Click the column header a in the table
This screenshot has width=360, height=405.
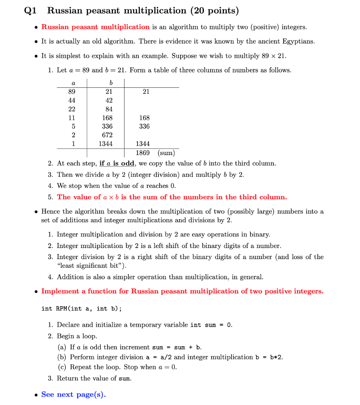72,83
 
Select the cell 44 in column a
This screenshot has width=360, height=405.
72,100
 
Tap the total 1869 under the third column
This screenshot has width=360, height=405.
143,153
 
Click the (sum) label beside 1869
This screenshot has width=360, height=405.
166,153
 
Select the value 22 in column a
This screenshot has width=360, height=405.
72,109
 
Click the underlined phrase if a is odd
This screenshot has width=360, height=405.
117,163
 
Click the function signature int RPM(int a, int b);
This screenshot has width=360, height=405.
81,308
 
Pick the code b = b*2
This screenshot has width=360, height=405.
268,357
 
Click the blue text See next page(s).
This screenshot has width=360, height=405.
73,394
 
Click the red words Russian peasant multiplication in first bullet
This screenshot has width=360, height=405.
95,27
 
